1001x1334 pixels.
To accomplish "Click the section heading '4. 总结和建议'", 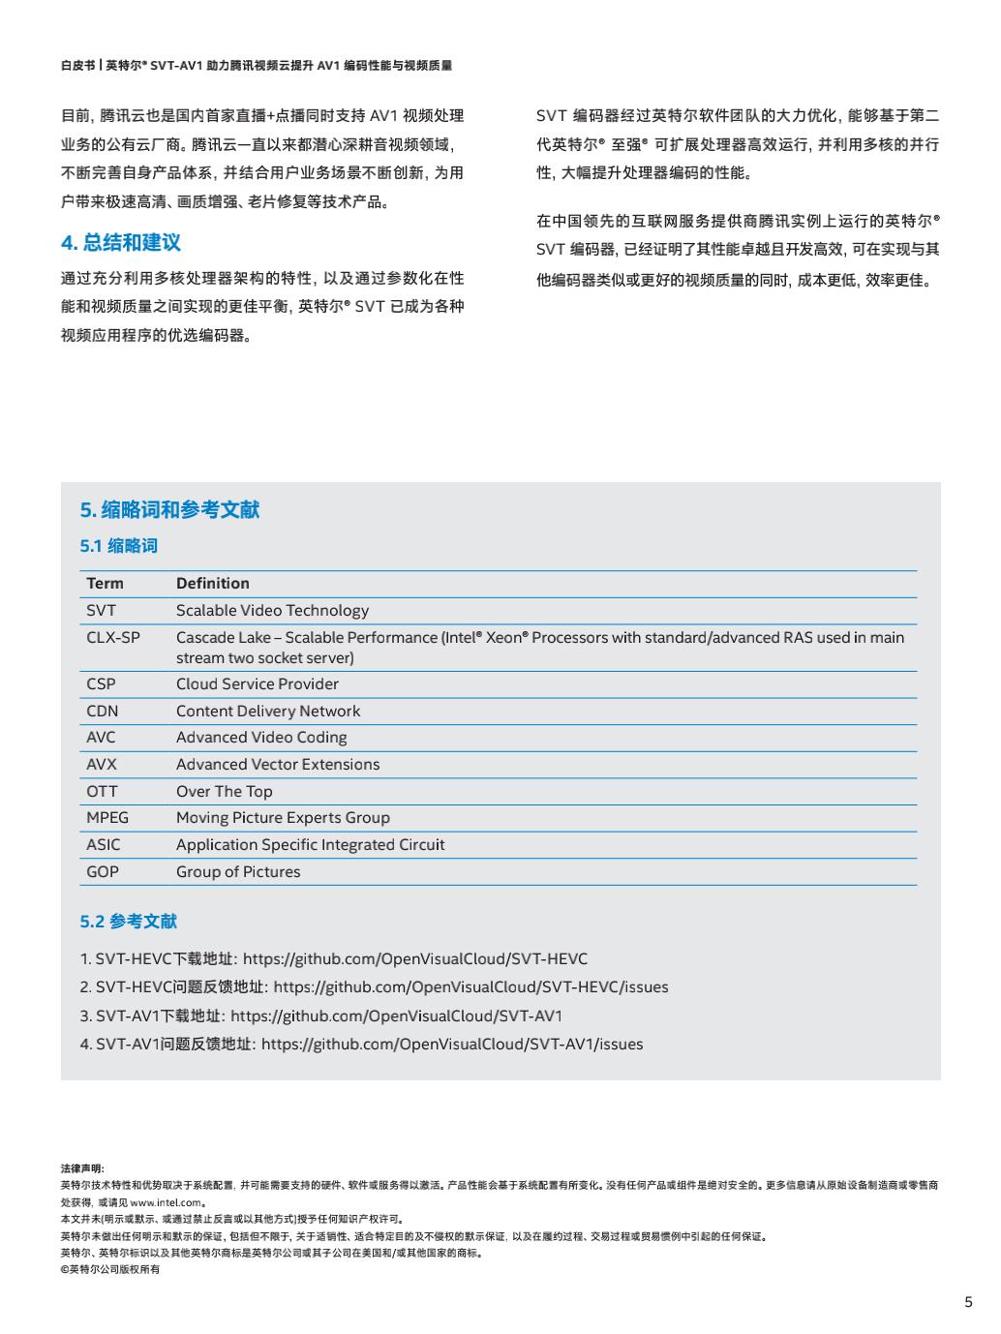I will click(121, 243).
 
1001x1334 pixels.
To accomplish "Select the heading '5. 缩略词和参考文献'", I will click(169, 510).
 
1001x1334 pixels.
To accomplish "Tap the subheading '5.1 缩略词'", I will click(118, 546).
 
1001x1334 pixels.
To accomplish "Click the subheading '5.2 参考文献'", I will click(128, 922).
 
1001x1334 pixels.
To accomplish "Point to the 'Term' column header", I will click(105, 584).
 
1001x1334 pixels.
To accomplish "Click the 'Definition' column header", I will click(212, 584).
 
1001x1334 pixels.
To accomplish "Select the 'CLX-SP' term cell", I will click(112, 638).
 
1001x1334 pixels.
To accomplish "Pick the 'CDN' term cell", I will click(102, 712).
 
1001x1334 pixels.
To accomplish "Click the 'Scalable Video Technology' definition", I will click(272, 611).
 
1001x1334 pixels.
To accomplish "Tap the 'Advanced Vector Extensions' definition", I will click(278, 765).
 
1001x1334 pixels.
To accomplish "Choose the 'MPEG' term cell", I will click(106, 818).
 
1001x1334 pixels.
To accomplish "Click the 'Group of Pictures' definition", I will click(238, 872).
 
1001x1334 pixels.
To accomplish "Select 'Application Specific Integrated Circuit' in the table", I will click(310, 845).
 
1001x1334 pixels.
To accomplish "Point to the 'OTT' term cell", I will click(102, 792).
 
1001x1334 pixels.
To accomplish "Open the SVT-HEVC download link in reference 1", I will click(414, 959).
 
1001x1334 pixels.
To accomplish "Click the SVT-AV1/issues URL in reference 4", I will click(452, 1045).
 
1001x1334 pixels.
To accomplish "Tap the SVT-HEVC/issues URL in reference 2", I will click(470, 987).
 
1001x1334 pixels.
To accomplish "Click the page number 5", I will click(968, 1302).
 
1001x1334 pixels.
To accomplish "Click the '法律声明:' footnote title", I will click(82, 1168).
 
